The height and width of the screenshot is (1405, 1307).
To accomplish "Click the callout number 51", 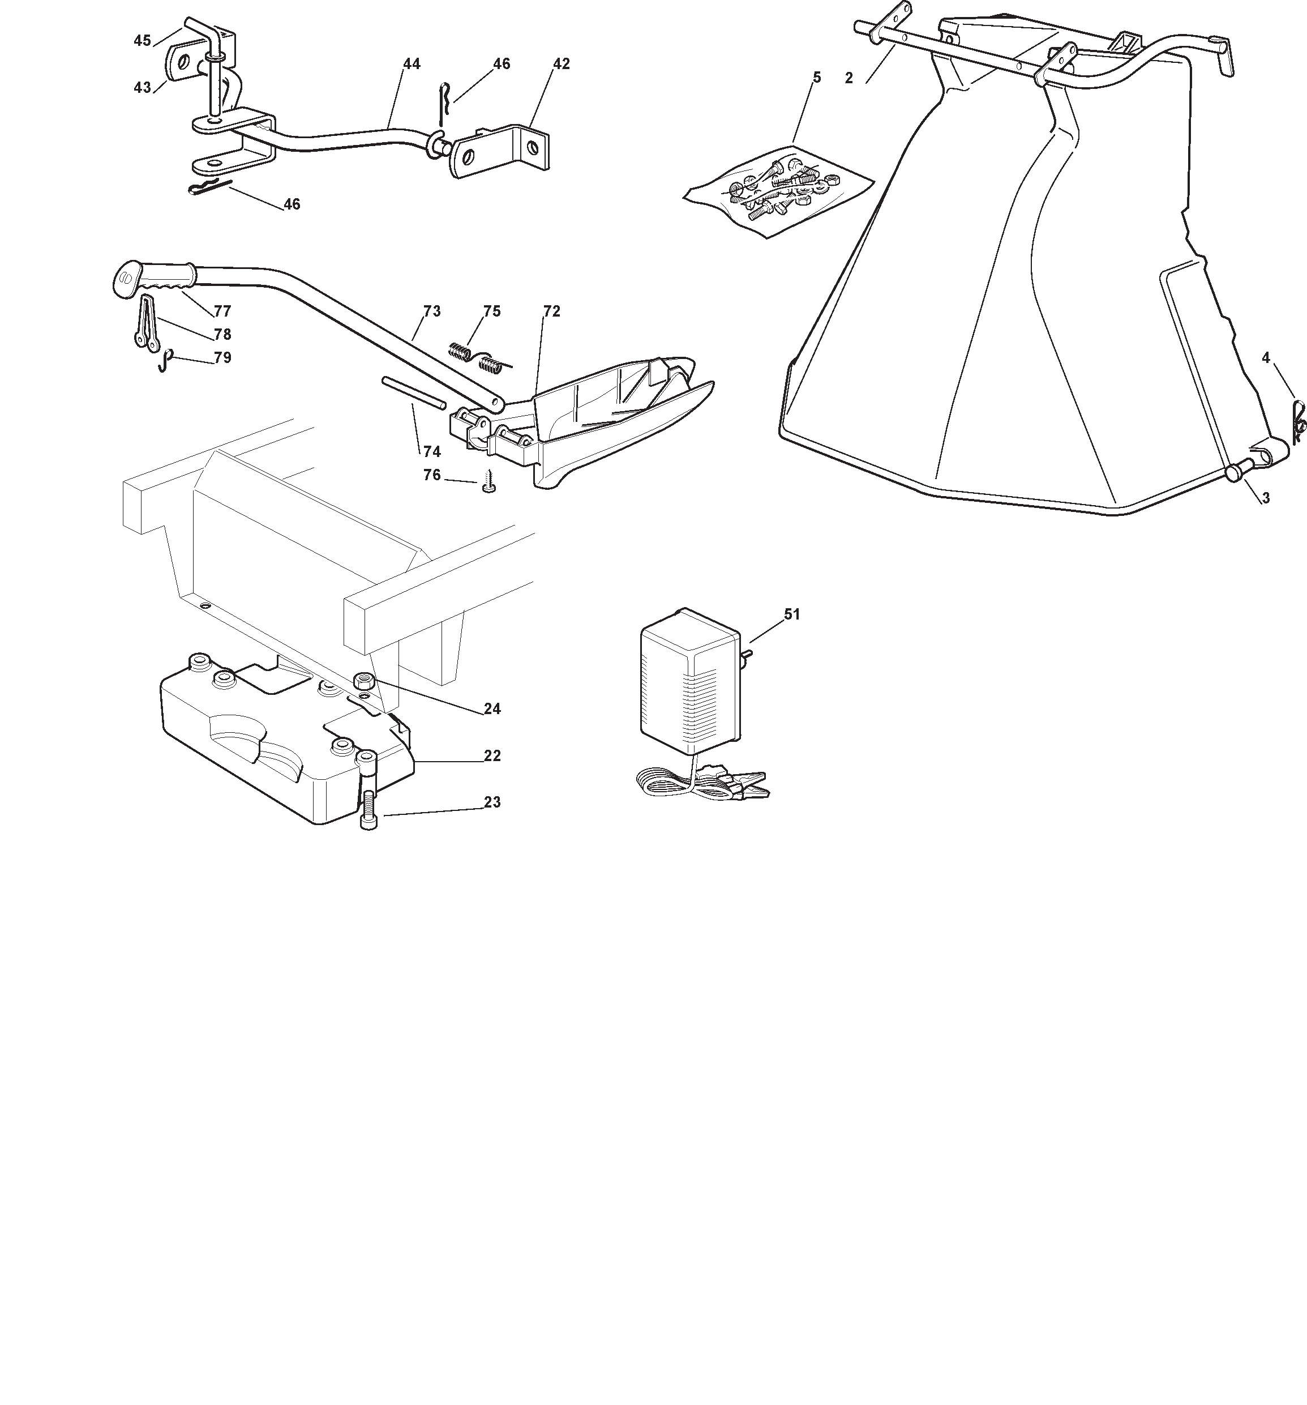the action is (x=791, y=614).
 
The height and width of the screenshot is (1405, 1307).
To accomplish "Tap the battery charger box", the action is (x=689, y=680).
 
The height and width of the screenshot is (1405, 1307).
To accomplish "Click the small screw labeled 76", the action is (x=490, y=484).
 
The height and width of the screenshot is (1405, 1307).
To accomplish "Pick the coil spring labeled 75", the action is (x=481, y=357).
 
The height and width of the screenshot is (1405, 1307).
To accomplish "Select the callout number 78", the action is (x=222, y=334).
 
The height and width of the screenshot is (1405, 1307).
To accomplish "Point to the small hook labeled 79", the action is (x=165, y=360).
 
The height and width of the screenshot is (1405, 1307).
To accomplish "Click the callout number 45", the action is (x=142, y=40).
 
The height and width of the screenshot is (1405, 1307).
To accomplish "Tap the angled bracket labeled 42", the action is (x=500, y=151).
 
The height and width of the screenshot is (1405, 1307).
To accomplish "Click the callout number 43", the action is (x=142, y=87).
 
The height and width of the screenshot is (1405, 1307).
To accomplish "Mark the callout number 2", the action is (x=849, y=79).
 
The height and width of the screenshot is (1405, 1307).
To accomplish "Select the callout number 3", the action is (x=1265, y=498).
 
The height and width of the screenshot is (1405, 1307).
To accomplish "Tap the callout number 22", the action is (x=492, y=755).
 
